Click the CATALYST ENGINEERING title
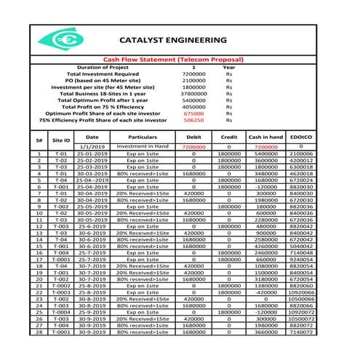pyautogui.click(x=172, y=40)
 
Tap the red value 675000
pyautogui.click(x=193, y=113)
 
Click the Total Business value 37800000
pyautogui.click(x=193, y=93)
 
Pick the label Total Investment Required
pyautogui.click(x=102, y=73)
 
